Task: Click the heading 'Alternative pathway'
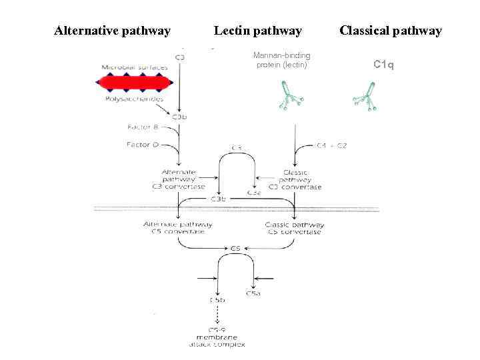coord(112,31)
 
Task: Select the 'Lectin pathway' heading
coord(257,31)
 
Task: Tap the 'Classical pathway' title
coord(390,31)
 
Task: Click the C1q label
coord(383,65)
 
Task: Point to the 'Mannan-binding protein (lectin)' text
coord(281,60)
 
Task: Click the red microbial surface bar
coord(135,83)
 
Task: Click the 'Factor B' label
coord(142,127)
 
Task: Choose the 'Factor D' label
coord(142,144)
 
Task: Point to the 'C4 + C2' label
coord(331,145)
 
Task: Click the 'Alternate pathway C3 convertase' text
coord(179,179)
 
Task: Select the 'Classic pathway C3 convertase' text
coord(293,179)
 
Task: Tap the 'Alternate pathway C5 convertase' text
coord(178,228)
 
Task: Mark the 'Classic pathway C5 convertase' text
coord(293,228)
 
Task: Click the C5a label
coord(253,293)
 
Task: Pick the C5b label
coord(217,300)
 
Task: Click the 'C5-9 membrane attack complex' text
coord(217,337)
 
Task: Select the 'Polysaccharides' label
coord(134,99)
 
